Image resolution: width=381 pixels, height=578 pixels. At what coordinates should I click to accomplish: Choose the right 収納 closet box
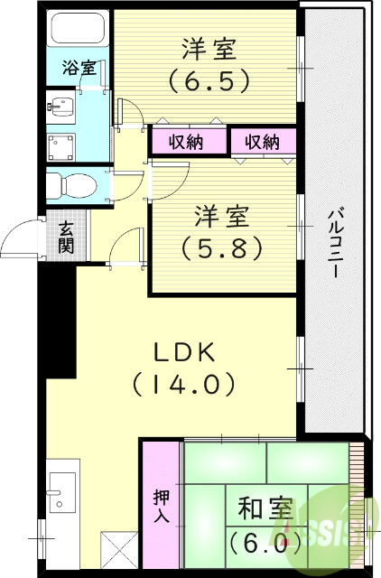[264, 142]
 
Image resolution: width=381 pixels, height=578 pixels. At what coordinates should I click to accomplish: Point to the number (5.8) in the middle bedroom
[220, 245]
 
